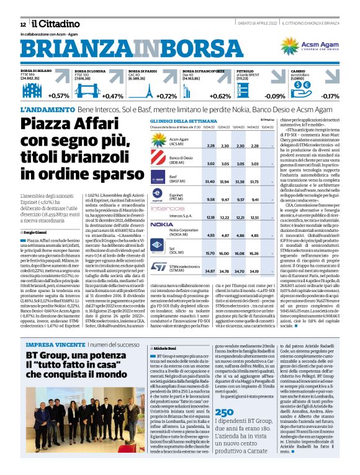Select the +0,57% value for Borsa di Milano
(58, 95)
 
